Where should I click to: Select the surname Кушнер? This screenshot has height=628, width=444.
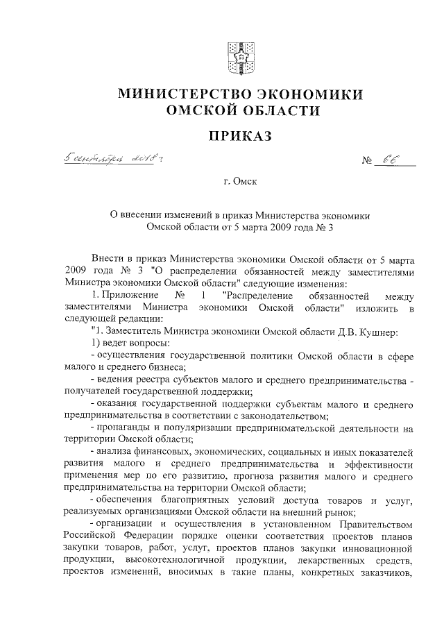375,332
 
